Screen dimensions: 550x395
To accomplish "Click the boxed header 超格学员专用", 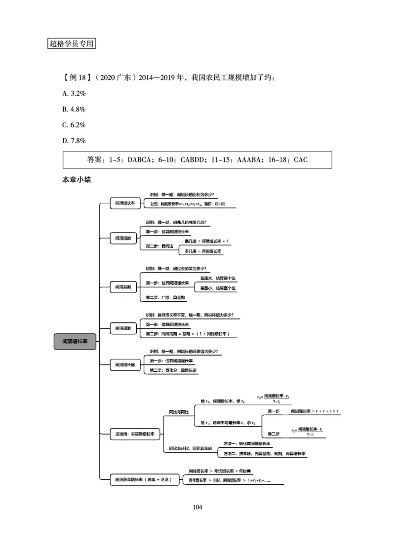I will coord(72,43).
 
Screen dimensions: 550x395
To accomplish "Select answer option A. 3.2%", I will coord(75,93).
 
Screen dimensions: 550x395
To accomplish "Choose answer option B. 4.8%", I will coord(75,109).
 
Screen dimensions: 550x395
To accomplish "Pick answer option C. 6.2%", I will coord(75,124).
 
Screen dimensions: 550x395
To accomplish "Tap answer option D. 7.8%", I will coord(75,140).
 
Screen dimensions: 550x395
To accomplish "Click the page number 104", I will coord(197,507).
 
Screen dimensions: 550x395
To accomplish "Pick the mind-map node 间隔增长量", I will coord(125,365).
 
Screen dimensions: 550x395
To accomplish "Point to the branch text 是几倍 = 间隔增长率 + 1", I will coord(207,241).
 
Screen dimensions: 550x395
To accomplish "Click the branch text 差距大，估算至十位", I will coord(218,278).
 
